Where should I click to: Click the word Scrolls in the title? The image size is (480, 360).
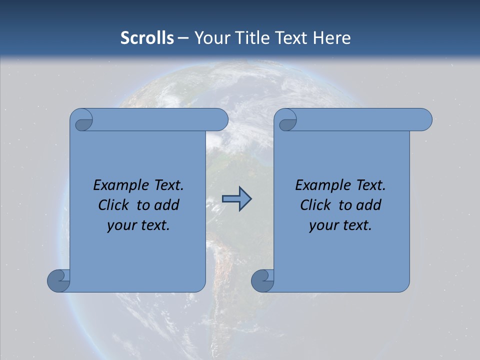coord(147,38)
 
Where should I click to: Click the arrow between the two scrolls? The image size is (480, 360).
coord(236,199)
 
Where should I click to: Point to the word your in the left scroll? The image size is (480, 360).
coord(120,225)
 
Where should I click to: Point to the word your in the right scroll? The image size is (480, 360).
coord(322,225)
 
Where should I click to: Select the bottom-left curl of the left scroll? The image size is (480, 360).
coord(58,280)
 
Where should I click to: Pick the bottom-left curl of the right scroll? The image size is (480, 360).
coord(262,280)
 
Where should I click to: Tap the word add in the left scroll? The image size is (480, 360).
coord(165,205)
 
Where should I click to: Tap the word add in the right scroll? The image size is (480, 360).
coord(367,205)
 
